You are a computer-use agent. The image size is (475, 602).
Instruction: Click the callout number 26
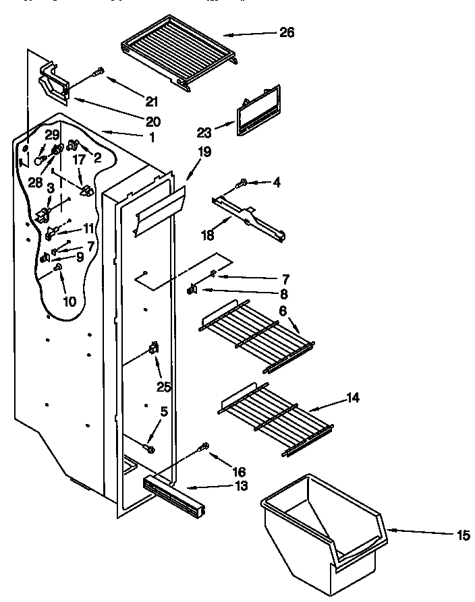[286, 33]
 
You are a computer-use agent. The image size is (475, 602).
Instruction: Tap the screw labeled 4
[241, 181]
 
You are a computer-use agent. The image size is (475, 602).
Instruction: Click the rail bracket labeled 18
[250, 217]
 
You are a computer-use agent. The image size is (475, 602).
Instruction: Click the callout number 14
[352, 398]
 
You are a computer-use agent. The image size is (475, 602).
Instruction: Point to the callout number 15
[462, 536]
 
